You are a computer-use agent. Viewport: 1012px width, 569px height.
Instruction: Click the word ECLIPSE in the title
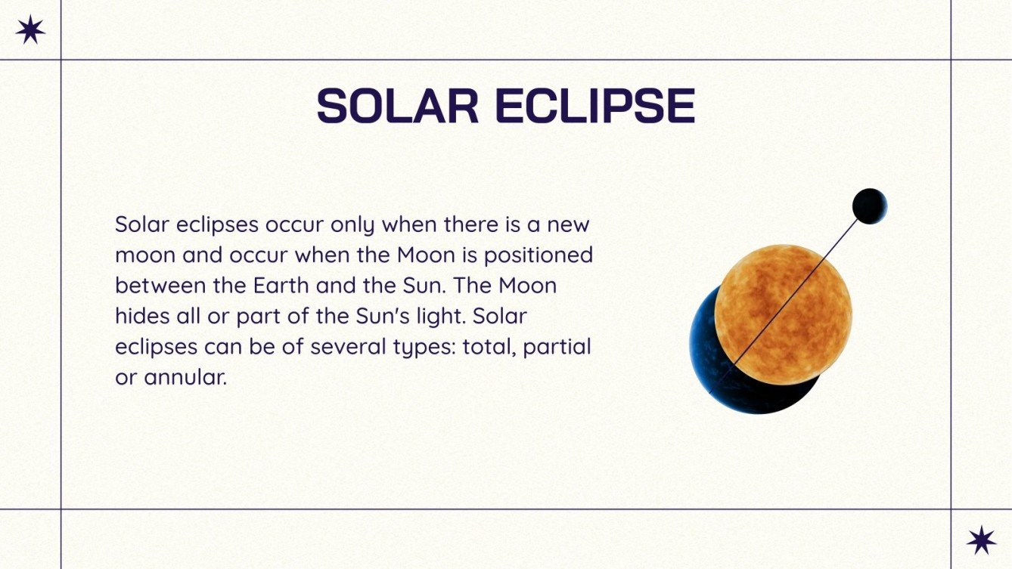(x=594, y=107)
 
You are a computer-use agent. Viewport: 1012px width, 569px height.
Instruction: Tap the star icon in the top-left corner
(x=30, y=29)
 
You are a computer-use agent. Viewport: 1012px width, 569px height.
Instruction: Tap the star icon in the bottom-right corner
(x=981, y=540)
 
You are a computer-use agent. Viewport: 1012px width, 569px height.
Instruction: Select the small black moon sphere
(x=869, y=206)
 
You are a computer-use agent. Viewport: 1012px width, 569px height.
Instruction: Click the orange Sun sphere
(x=783, y=314)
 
